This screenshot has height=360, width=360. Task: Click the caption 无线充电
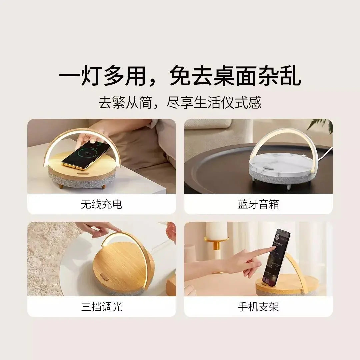point(101,204)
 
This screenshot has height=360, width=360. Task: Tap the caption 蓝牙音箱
point(258,204)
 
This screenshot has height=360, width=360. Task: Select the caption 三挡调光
point(101,307)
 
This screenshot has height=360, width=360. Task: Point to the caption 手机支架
point(258,307)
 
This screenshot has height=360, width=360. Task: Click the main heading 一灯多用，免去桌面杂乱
point(180,76)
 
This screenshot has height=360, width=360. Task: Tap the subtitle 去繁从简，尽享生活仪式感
point(180,102)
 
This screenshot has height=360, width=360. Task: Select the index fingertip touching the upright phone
point(274,248)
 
